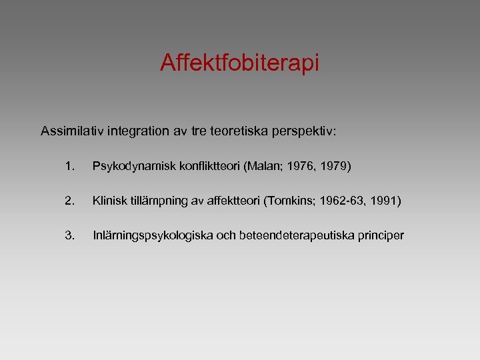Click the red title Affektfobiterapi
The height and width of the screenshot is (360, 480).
tap(240, 63)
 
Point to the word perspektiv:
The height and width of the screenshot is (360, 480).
tap(305, 131)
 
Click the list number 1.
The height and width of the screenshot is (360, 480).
tap(70, 165)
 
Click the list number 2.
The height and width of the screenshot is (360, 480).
tap(70, 200)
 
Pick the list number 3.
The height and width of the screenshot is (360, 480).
tap(70, 235)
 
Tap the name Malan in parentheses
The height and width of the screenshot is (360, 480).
tap(264, 165)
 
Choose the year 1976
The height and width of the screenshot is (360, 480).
tap(300, 165)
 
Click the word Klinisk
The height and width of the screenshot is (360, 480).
tap(108, 200)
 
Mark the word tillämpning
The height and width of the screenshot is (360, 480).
tap(155, 201)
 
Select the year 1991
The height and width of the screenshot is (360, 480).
tap(383, 200)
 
